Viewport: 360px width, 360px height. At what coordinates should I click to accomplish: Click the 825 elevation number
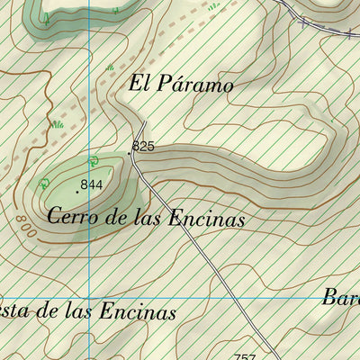pyautogui.click(x=143, y=146)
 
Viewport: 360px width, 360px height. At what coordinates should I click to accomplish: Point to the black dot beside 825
pyautogui.click(x=130, y=152)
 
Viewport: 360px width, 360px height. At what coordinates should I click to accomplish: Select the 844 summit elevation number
pyautogui.click(x=91, y=184)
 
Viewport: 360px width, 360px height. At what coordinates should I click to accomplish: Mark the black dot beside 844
pyautogui.click(x=77, y=191)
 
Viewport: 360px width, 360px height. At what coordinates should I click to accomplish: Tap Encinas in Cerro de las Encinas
pyautogui.click(x=206, y=218)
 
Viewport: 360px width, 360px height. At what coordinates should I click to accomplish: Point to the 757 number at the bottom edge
pyautogui.click(x=244, y=356)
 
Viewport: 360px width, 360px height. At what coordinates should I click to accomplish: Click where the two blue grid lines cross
pyautogui.click(x=89, y=299)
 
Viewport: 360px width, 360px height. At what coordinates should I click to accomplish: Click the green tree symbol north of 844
pyautogui.click(x=94, y=160)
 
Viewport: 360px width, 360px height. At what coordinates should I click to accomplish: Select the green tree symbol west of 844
pyautogui.click(x=43, y=184)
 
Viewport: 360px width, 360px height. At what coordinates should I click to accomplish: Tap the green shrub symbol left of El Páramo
pyautogui.click(x=110, y=67)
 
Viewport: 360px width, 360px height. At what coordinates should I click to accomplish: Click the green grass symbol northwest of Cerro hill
pyautogui.click(x=57, y=124)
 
